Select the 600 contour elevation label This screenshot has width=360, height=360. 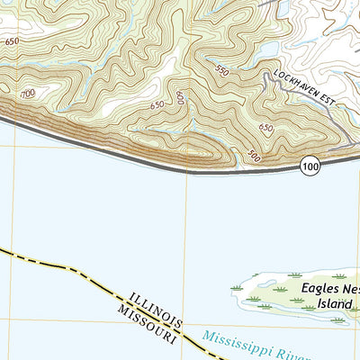point(180,98)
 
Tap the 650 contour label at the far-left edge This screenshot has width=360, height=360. point(11,41)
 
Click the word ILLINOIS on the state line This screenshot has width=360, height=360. point(155,307)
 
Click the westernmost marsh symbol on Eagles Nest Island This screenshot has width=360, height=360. point(238,287)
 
